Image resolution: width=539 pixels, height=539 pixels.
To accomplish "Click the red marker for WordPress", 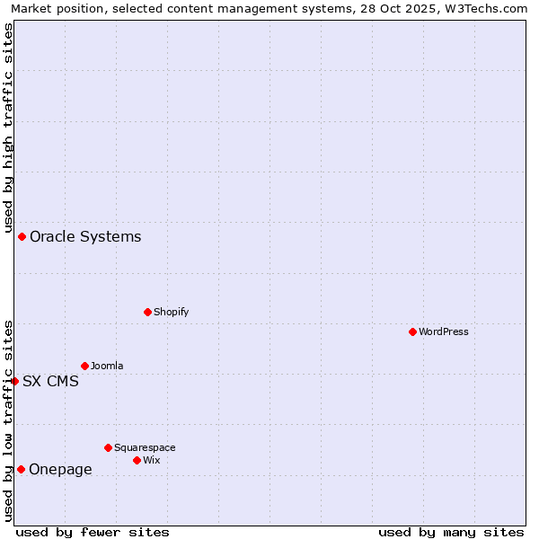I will pyautogui.click(x=412, y=331).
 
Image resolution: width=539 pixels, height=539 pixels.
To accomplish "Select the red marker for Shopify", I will pyautogui.click(x=147, y=312).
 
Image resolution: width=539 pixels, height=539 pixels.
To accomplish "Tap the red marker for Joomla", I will pyautogui.click(x=84, y=366).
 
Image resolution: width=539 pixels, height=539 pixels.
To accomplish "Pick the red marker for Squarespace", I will pyautogui.click(x=108, y=447).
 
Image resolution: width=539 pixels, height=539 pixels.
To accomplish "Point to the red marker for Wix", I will pyautogui.click(x=137, y=460).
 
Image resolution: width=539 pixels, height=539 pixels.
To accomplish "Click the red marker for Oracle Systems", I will pyautogui.click(x=22, y=236).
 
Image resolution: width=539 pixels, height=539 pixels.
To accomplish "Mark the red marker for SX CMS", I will pyautogui.click(x=14, y=381).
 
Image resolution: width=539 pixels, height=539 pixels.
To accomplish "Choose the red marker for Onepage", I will pyautogui.click(x=21, y=469).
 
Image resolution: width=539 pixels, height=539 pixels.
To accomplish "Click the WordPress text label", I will pyautogui.click(x=444, y=331).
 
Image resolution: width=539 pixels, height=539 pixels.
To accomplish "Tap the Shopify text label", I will pyautogui.click(x=172, y=312).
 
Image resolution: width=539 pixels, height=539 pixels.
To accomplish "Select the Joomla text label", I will pyautogui.click(x=107, y=366).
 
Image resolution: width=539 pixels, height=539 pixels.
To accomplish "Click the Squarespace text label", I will pyautogui.click(x=145, y=447).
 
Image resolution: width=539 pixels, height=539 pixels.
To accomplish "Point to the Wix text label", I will pyautogui.click(x=152, y=460).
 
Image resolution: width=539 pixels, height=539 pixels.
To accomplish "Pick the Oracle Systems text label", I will pyautogui.click(x=85, y=236).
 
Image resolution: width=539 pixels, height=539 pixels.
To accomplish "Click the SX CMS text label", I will pyautogui.click(x=50, y=381).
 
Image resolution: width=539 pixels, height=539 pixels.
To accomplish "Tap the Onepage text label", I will pyautogui.click(x=60, y=469).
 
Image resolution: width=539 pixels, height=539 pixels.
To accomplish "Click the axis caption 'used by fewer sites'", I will pyautogui.click(x=93, y=532).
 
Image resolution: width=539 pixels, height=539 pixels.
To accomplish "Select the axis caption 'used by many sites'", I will pyautogui.click(x=451, y=532).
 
